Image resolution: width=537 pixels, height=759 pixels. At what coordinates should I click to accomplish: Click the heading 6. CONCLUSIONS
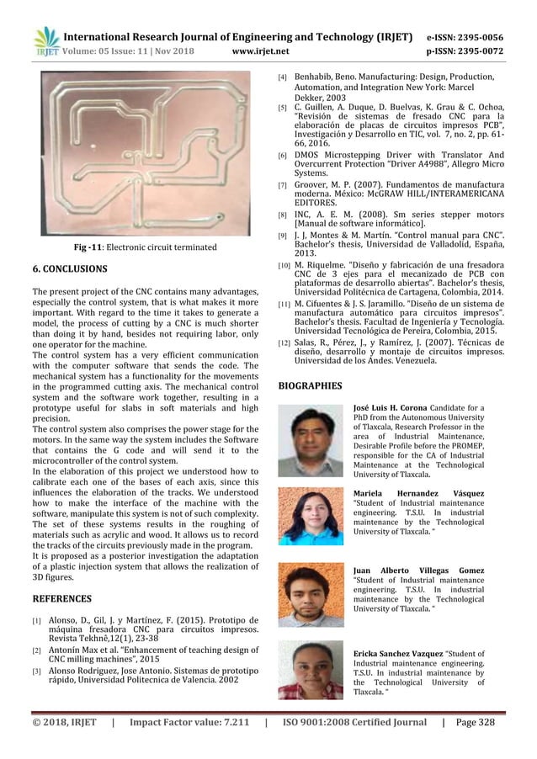pos(70,269)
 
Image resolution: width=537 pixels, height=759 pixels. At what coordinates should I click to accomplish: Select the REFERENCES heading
pos(64,599)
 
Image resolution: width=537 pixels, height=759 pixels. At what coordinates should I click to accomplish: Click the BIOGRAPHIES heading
pos(311,386)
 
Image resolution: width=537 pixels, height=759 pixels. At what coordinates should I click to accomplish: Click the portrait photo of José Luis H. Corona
pos(311,441)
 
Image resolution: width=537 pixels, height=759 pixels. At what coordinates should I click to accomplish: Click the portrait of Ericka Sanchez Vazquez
pos(311,670)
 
